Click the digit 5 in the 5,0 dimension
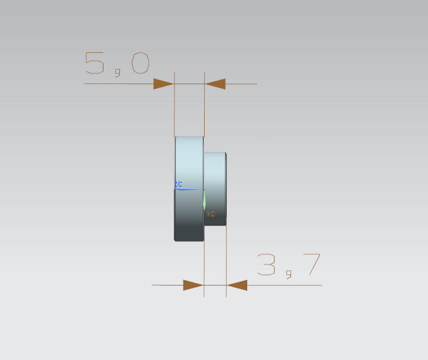94,63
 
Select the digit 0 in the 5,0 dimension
140,63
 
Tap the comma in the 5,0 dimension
118,73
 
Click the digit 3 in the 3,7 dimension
266,264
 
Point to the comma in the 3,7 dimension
289,275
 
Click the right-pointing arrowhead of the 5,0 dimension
164,84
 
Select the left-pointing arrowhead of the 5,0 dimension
215,84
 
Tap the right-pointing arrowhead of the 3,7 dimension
193,285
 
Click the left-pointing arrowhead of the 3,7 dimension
237,285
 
